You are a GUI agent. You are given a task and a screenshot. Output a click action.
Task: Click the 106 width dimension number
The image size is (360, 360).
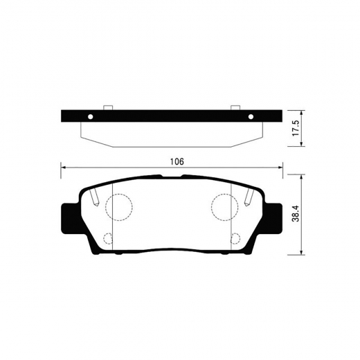pyautogui.click(x=177, y=161)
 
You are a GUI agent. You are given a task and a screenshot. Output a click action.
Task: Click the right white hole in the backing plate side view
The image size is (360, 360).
pyautogui.click(x=252, y=116)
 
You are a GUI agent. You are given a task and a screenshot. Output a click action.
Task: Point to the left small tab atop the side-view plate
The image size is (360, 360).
pyautogui.click(x=107, y=107)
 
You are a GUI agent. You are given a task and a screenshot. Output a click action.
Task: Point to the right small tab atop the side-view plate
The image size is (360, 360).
pyautogui.click(x=235, y=107)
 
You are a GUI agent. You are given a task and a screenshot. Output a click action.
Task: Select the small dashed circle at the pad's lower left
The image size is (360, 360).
pyautogui.click(x=108, y=240)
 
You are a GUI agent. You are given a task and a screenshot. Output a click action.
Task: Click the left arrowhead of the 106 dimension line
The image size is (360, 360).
pyautogui.click(x=64, y=167)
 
